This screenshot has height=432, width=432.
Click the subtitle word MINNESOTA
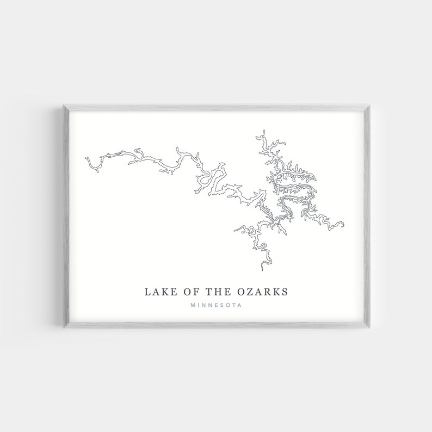coord(217,305)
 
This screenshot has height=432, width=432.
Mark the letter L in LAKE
coord(147,292)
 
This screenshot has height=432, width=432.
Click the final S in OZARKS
coord(285,292)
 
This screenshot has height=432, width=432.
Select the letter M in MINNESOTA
coord(193,305)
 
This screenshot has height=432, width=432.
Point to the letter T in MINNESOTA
coord(233,305)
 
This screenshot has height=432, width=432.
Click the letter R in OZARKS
coord(269,292)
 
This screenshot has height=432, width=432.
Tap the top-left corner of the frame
coord(61,105)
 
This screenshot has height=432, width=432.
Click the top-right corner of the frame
coord(371,105)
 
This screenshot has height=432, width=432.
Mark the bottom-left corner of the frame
coord(61,328)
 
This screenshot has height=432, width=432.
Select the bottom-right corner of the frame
coord(371,328)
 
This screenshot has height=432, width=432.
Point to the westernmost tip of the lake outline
coord(85,159)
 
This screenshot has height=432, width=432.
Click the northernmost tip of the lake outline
coord(263,131)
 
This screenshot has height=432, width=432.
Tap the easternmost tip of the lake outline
coord(345,224)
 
